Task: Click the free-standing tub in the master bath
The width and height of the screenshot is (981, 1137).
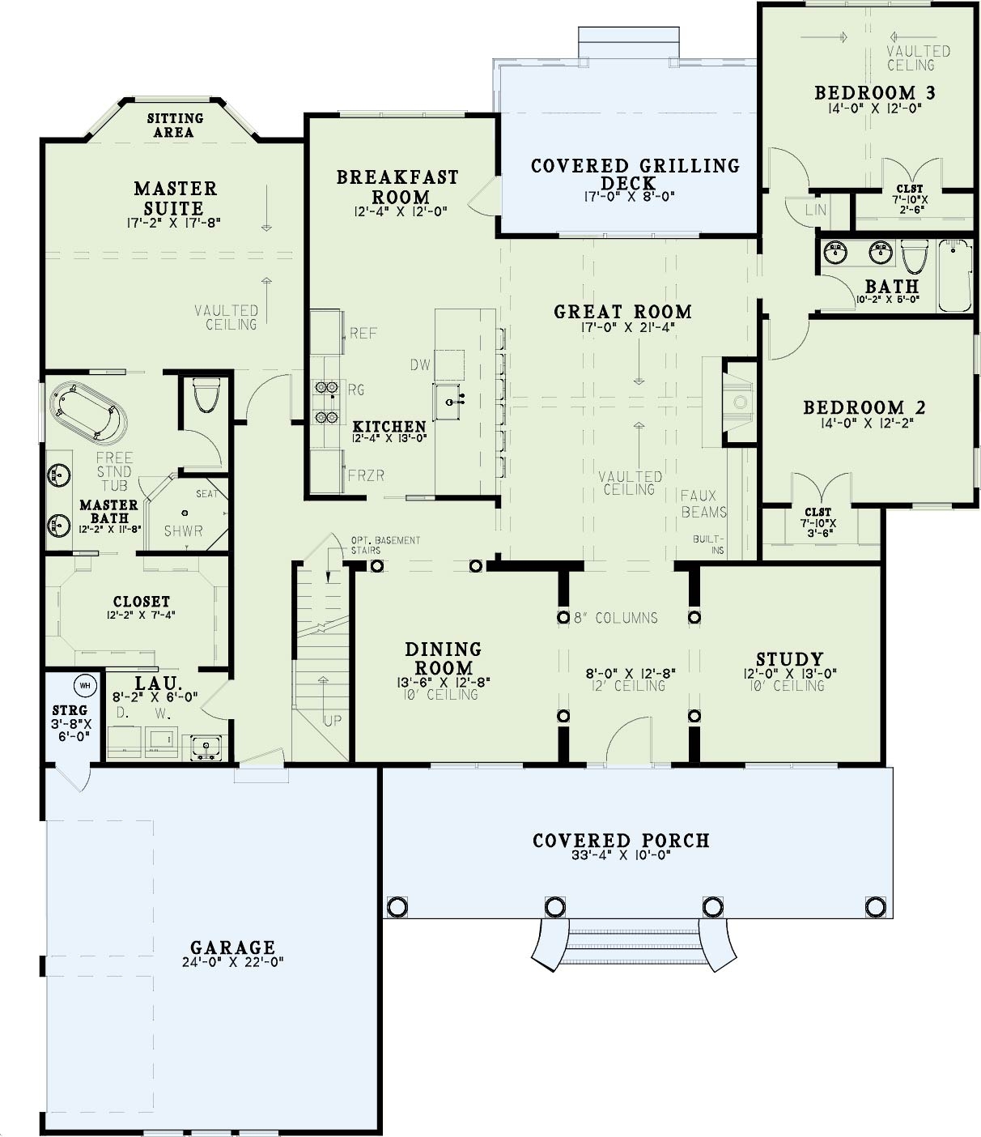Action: click(x=88, y=413)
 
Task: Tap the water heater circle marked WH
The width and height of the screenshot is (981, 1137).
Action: click(x=85, y=685)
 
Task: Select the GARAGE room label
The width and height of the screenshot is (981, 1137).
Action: click(x=232, y=947)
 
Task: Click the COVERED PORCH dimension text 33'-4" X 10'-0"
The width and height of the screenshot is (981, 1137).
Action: click(x=621, y=855)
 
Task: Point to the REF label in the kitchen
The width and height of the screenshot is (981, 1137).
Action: click(x=363, y=333)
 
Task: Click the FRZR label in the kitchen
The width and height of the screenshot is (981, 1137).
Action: click(x=366, y=475)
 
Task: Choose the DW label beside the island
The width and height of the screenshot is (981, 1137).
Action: click(x=420, y=365)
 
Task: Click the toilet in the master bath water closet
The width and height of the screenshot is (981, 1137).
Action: click(x=207, y=397)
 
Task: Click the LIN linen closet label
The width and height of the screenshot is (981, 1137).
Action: click(x=816, y=210)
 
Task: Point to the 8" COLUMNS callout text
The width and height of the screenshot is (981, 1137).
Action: click(x=616, y=618)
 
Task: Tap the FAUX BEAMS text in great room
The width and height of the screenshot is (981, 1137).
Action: click(x=703, y=504)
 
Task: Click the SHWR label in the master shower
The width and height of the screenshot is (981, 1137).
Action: click(x=184, y=531)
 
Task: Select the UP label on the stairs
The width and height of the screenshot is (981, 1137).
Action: click(x=333, y=720)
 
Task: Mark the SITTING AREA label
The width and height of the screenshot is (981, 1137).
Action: click(x=175, y=126)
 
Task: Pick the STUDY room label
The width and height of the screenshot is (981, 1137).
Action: click(x=789, y=658)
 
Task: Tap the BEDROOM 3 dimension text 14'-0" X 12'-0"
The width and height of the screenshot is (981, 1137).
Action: click(x=874, y=108)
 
